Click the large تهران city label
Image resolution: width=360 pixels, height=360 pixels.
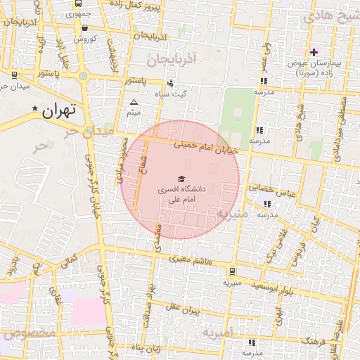coord(58,110)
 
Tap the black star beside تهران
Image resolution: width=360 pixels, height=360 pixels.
coord(35,108)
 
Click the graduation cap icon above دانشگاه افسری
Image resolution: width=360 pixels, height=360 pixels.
coord(181,179)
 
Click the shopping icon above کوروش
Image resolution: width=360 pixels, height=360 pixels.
coord(85,29)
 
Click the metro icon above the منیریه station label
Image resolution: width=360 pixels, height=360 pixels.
coord(232,271)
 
